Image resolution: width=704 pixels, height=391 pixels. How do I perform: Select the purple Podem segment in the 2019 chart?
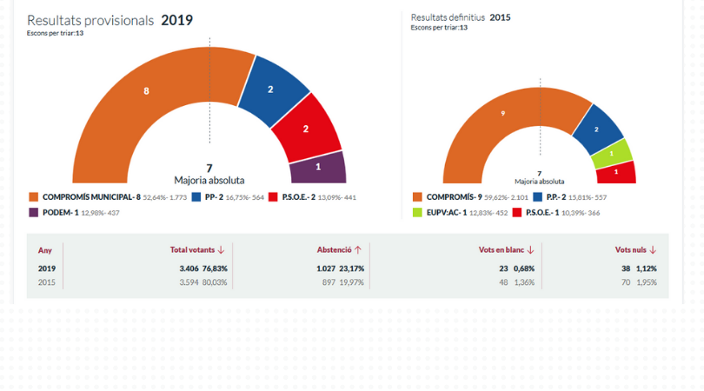[x=318, y=167]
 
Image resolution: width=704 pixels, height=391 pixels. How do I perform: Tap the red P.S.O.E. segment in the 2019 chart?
[x=305, y=128]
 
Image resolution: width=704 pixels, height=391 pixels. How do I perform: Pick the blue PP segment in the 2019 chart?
[x=270, y=89]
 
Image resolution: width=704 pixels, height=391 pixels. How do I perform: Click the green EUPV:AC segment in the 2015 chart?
[x=611, y=154]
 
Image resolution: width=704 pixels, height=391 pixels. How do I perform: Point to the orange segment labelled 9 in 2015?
[x=503, y=115]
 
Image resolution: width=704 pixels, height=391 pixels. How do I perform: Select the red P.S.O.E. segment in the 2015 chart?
[x=616, y=172]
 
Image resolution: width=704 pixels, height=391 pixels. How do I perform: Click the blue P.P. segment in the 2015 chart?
[x=596, y=129]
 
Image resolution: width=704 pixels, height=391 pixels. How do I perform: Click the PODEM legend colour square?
[x=33, y=213]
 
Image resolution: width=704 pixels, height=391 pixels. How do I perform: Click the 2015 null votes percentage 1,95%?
[x=647, y=282]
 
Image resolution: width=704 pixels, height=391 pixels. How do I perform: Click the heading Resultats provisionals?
[x=90, y=20]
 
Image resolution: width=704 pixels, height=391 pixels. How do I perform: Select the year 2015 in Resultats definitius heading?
[x=500, y=17]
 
